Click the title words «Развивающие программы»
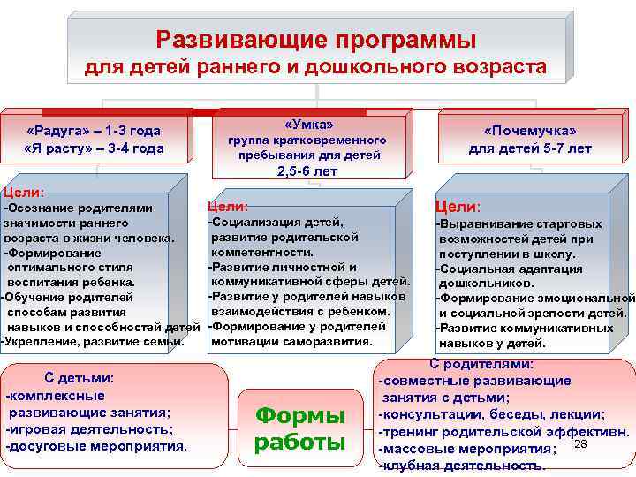tap(315, 40)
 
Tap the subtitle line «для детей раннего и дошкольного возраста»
tap(315, 66)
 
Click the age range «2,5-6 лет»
tap(307, 171)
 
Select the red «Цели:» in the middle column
tap(228, 206)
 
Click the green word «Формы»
tap(299, 415)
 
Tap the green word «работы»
tap(299, 442)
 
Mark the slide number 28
tap(580, 443)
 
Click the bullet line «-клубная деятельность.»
tap(461, 466)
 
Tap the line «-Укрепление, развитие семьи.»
tap(93, 341)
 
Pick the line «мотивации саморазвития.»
tap(292, 341)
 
